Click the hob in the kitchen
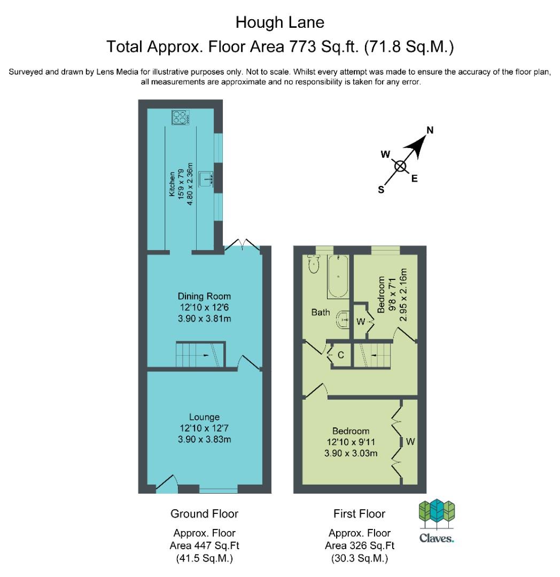pyautogui.click(x=181, y=117)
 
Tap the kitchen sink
pyautogui.click(x=206, y=179)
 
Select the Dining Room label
pyautogui.click(x=204, y=296)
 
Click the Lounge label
pyautogui.click(x=204, y=417)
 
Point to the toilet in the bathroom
pyautogui.click(x=314, y=264)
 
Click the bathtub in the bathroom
pyautogui.click(x=338, y=276)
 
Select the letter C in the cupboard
pyautogui.click(x=341, y=355)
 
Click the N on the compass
pyautogui.click(x=430, y=130)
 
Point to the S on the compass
pyautogui.click(x=381, y=190)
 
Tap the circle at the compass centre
pyautogui.click(x=401, y=166)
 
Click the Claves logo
pyautogui.click(x=437, y=521)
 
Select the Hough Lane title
pyautogui.click(x=279, y=22)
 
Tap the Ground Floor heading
pyautogui.click(x=204, y=514)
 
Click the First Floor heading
pyautogui.click(x=359, y=514)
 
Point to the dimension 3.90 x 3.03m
pyautogui.click(x=351, y=453)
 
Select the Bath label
pyautogui.click(x=321, y=313)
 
